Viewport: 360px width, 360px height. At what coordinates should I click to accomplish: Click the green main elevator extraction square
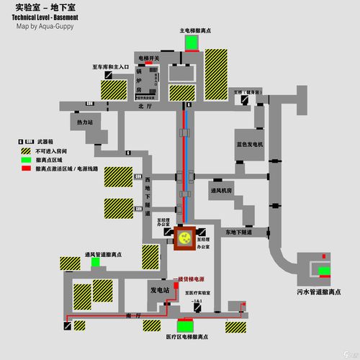192,42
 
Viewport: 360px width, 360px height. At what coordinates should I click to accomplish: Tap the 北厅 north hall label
141,106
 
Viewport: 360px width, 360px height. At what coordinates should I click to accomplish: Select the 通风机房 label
220,192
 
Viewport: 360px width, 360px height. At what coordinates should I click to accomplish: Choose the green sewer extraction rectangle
324,271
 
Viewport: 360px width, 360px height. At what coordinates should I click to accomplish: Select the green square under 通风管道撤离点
95,263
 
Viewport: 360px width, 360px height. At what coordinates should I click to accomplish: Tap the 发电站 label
159,290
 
